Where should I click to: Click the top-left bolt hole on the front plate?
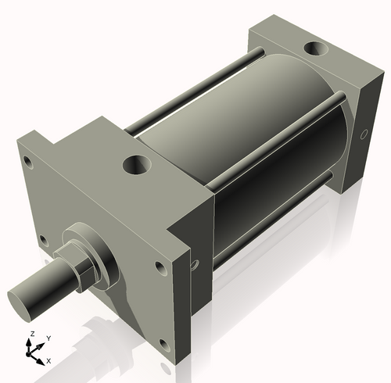28,163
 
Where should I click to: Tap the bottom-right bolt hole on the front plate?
163,344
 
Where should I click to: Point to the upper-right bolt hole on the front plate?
160,267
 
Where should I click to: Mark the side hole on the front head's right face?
195,266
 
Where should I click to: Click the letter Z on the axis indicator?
30,334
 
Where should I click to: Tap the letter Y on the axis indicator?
48,338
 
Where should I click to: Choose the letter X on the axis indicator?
49,360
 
